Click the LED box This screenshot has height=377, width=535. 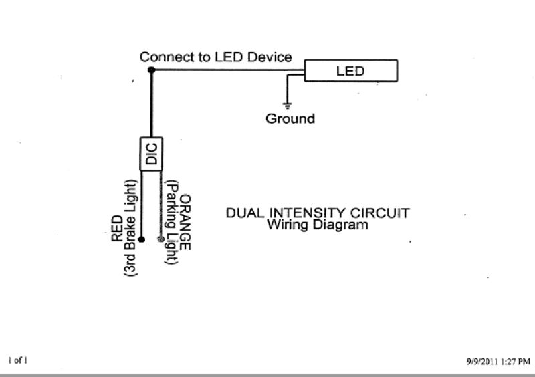point(350,71)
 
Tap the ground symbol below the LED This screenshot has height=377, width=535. point(288,105)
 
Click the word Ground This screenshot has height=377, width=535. point(290,119)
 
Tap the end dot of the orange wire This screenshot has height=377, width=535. point(160,239)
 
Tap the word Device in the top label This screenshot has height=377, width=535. point(270,57)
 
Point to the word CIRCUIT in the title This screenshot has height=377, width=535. point(384,213)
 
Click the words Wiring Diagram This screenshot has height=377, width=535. point(318,225)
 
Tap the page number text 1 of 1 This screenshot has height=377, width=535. point(18,360)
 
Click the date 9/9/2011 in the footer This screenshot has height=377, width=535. point(483,361)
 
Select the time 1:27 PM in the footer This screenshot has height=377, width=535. point(516,361)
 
